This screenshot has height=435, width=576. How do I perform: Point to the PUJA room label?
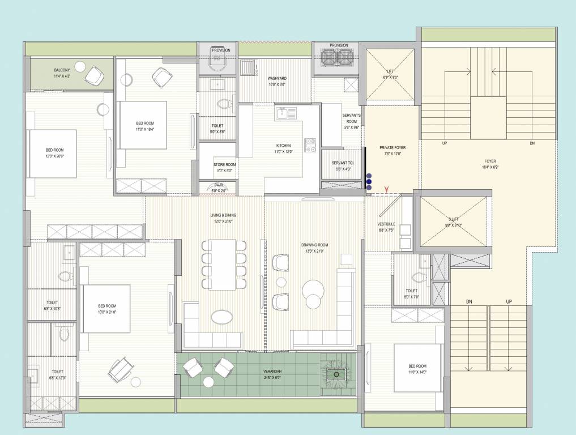coord(218,185)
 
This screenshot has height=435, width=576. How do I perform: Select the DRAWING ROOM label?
coord(314,245)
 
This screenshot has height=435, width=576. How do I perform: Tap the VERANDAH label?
coord(272,373)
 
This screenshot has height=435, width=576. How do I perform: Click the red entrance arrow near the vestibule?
coord(387,189)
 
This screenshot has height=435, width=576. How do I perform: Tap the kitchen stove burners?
coord(310,146)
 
